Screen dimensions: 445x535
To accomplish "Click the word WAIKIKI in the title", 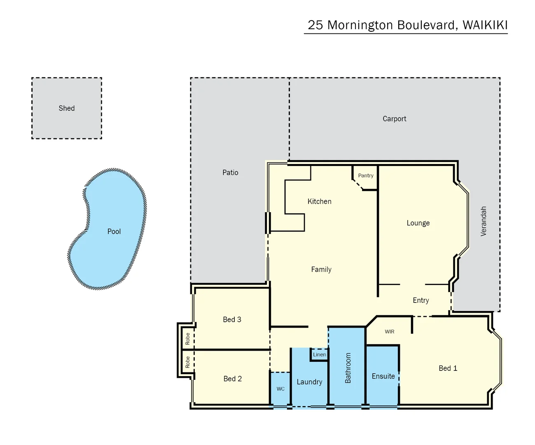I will tap(485, 25).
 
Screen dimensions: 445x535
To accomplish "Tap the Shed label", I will tap(66, 108).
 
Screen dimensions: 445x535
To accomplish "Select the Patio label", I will tap(230, 173).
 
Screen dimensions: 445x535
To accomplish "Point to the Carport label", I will tap(394, 119).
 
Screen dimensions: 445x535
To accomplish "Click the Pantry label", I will tap(366, 176).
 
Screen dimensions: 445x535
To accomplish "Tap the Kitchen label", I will tap(319, 201).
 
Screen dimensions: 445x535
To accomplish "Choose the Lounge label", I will tap(418, 223).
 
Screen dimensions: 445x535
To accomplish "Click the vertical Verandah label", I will tap(484, 221).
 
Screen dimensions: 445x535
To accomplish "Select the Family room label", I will tap(321, 269).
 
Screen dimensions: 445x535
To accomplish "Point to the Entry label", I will tap(421, 300).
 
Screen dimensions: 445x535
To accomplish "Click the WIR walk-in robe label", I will tap(389, 332).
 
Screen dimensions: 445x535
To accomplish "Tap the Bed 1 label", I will tap(448, 368).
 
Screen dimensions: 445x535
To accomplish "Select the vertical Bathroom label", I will tap(348, 368).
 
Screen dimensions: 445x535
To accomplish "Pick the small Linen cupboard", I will tap(319, 354).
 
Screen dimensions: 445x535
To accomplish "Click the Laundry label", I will tap(309, 382).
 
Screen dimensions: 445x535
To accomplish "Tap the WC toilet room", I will tap(280, 389).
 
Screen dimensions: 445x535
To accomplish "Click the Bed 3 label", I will tap(232, 319).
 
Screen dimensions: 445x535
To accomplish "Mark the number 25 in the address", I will tap(315, 25).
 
